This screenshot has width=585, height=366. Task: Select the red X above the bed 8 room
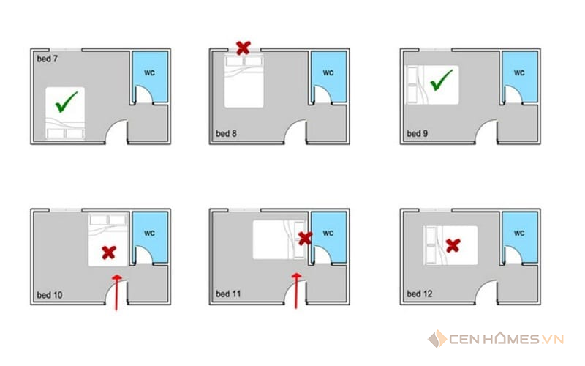coord(244,48)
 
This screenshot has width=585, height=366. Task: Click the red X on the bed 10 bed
coord(109,253)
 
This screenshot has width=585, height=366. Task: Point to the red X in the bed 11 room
coord(305,239)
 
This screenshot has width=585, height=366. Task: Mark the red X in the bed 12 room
coord(453,245)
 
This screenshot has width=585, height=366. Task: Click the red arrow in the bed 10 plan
coord(117,292)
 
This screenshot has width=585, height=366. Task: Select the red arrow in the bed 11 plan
coord(297,291)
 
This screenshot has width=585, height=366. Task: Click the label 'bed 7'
coord(48,59)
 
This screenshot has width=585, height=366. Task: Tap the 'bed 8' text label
coord(226,133)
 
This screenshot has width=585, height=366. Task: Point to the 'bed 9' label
coord(417,133)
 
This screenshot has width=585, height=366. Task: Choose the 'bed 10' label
coord(50,295)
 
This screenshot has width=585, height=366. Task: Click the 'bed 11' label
coord(228,294)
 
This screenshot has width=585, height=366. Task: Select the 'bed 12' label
coord(420,294)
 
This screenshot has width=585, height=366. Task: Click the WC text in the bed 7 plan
coord(150,72)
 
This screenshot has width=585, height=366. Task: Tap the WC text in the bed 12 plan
coord(519,233)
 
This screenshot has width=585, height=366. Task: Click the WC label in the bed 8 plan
coord(328,72)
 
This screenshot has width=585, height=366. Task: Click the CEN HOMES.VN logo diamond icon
coord(437,339)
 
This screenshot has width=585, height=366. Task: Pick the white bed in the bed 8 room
coord(244,81)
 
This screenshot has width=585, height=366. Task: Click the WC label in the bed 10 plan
coord(150,233)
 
